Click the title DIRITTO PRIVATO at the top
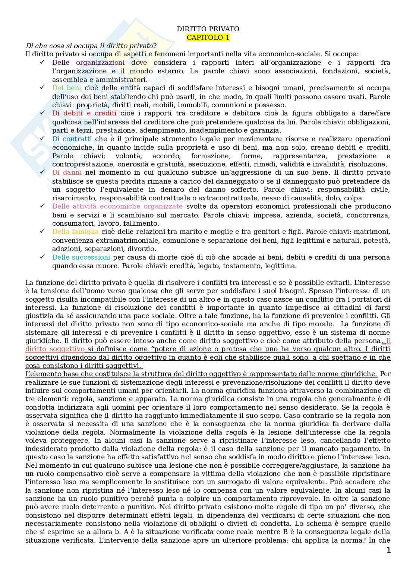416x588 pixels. coord(208,29)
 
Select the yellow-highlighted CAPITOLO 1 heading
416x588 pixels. coord(208,38)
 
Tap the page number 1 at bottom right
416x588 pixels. coord(388,550)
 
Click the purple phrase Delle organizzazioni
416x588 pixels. coord(88,63)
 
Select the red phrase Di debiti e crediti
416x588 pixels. coord(84,113)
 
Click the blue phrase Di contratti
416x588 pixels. coord(72,139)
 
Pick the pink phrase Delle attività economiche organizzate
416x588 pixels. coord(117,206)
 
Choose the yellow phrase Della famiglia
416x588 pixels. coord(75,232)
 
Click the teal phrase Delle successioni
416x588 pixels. coord(81,257)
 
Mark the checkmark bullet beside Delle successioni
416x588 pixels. coord(42,257)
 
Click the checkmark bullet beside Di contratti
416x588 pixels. coord(42,139)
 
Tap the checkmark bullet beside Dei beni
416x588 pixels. coord(42,88)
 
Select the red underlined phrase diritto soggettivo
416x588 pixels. coord(55,349)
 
